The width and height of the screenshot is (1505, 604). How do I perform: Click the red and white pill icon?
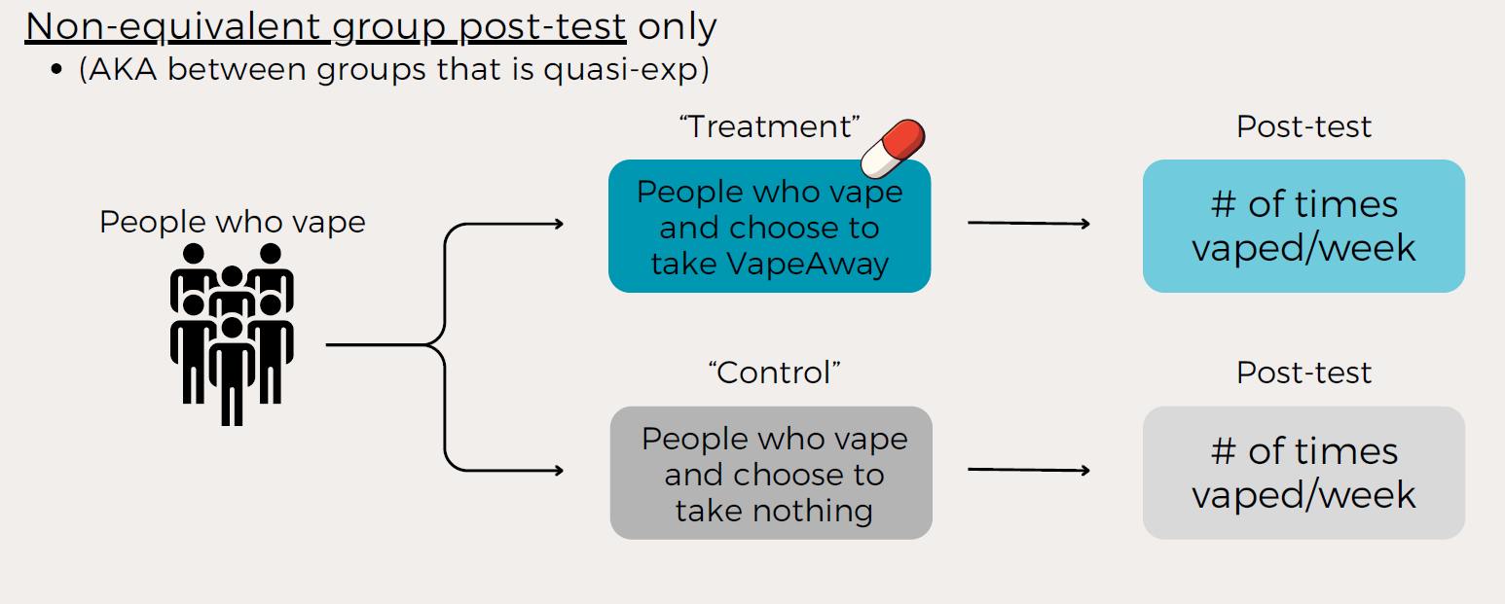tap(894, 148)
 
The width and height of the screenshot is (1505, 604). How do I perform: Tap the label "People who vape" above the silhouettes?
tap(232, 222)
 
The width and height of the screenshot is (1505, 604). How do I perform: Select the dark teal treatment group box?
tap(769, 227)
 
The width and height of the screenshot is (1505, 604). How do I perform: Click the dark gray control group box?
tap(771, 473)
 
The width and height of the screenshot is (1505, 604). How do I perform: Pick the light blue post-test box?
tap(1303, 227)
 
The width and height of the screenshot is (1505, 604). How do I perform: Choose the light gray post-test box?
tap(1303, 473)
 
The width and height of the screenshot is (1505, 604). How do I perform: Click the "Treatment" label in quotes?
tap(769, 127)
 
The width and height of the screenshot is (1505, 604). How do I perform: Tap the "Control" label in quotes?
tap(773, 373)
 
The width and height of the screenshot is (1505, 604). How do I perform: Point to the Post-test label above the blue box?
tap(1303, 127)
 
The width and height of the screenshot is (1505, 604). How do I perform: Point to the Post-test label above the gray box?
tap(1303, 373)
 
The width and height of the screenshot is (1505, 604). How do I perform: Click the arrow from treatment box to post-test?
tap(1028, 224)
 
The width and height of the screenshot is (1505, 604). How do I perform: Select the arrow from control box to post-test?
tap(1028, 471)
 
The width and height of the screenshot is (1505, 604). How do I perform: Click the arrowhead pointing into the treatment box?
tap(558, 225)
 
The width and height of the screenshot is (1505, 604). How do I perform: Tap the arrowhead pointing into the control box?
tap(558, 471)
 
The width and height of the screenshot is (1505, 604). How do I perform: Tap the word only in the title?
tap(677, 27)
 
